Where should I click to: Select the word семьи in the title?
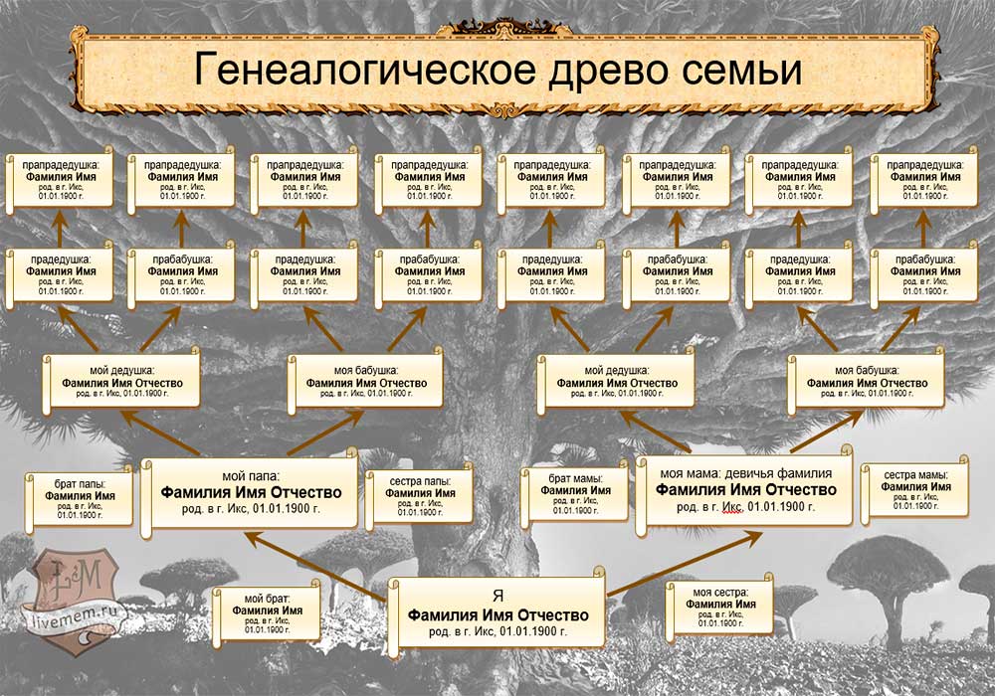745,73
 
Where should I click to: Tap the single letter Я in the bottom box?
497,597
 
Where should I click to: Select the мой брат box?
267,612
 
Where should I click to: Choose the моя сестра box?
718,604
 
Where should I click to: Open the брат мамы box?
575,495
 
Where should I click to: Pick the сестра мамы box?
915,491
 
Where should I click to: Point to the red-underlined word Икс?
731,507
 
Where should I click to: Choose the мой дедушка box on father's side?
121,381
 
